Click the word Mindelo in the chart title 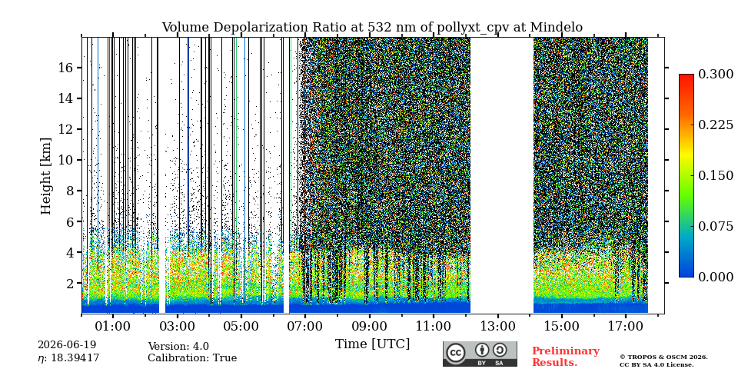click(x=557, y=28)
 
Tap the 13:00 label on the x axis click(x=498, y=326)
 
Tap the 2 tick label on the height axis click(x=71, y=284)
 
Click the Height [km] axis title click(x=45, y=175)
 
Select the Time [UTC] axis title click(x=372, y=344)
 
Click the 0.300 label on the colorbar click(x=716, y=74)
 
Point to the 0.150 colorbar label click(x=716, y=175)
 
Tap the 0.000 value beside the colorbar click(x=716, y=277)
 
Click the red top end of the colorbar click(x=686, y=76)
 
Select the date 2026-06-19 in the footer click(x=67, y=345)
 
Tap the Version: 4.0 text click(x=178, y=347)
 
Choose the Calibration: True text click(x=192, y=358)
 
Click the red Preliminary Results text click(x=566, y=357)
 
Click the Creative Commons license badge click(x=480, y=354)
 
